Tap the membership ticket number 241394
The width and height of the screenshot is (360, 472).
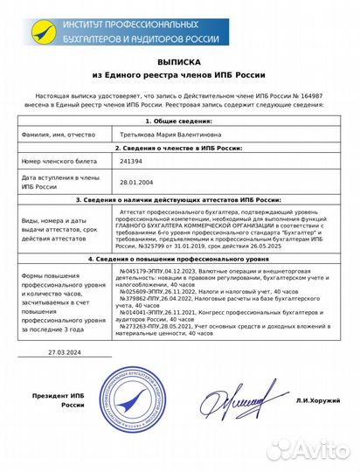pos(131,162)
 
